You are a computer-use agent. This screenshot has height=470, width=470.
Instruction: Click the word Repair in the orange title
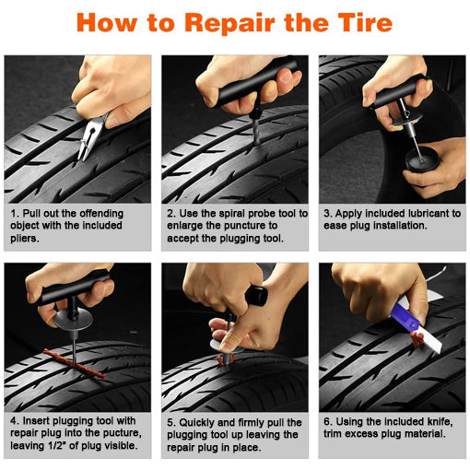229,23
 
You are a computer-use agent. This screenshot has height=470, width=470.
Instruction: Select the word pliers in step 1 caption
25,239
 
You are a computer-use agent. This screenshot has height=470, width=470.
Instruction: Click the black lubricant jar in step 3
422,159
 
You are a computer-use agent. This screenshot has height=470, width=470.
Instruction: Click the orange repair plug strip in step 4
75,364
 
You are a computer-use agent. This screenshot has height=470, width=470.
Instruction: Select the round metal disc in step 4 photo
73,320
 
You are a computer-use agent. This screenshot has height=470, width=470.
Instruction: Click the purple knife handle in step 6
406,317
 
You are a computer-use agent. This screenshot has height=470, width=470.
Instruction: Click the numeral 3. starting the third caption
327,214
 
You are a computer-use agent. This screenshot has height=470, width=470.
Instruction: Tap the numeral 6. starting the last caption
327,422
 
